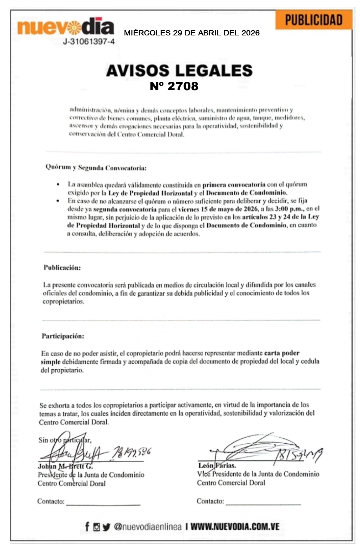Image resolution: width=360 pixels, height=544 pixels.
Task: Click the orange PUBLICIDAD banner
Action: [313, 20]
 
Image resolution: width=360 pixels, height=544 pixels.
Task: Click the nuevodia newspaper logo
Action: [65, 27]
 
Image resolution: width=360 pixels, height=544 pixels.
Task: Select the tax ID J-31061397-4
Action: [88, 42]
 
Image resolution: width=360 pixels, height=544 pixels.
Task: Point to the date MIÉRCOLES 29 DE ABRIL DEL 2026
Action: [192, 33]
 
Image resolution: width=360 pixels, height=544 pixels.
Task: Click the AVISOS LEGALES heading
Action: [179, 70]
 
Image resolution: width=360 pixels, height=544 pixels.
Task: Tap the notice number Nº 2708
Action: [174, 86]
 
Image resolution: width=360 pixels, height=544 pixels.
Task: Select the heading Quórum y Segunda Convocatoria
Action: [96, 168]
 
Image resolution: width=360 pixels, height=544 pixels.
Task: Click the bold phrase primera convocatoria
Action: [234, 184]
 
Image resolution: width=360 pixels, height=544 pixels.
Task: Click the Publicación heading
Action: [62, 268]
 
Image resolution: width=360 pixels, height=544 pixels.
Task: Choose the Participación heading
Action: [63, 336]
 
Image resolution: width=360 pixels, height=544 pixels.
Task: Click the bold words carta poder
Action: [281, 353]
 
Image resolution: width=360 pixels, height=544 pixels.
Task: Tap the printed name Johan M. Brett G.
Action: [65, 466]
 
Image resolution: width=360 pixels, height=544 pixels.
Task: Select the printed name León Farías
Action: [217, 466]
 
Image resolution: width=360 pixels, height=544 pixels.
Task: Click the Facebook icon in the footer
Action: [87, 526]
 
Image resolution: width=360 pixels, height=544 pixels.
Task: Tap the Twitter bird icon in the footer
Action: [106, 527]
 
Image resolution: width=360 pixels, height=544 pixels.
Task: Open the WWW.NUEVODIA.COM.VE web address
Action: [235, 526]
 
